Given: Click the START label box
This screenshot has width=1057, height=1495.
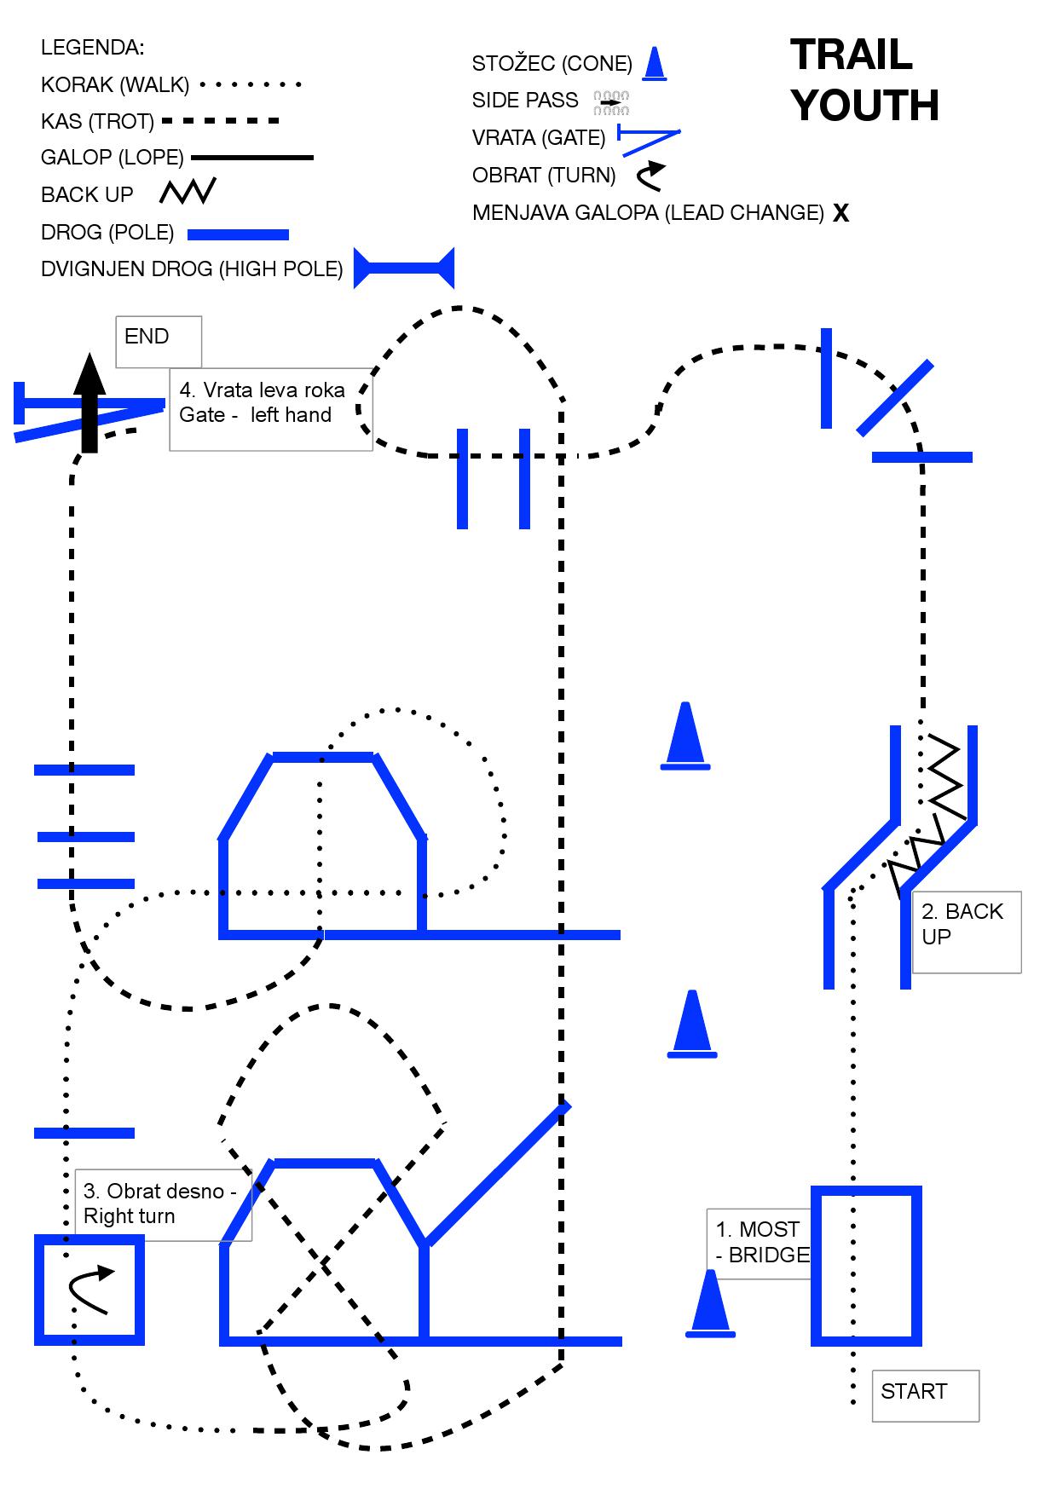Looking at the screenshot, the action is coord(925,1395).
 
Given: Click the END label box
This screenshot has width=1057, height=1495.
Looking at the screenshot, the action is coord(159,342).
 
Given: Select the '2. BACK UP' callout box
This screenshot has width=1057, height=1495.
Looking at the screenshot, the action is coord(966,932).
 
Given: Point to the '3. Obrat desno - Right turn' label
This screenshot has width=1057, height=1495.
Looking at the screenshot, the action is coord(163,1204).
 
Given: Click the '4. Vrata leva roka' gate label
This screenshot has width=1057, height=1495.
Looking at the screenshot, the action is coord(270,409).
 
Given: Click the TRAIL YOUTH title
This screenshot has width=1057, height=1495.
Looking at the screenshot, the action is coord(864,80).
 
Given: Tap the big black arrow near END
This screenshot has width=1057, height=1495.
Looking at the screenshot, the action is coord(90,402).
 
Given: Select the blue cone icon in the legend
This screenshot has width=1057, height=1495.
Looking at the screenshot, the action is coord(655,64).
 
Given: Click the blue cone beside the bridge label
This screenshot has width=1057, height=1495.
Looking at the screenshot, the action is coord(710,1303).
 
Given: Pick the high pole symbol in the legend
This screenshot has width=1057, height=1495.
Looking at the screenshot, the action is coord(404,269).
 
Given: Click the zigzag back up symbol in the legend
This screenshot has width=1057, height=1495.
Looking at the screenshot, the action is coord(188,192).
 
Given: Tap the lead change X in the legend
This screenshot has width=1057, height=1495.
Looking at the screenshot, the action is coord(840,213).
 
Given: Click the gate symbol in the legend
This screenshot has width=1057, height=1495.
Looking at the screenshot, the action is coord(649,140).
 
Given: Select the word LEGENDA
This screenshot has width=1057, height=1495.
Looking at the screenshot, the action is coord(92,48).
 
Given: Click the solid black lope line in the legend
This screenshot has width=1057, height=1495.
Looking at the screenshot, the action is coord(252,158).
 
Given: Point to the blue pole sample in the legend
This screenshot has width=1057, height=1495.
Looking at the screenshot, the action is coord(238,234).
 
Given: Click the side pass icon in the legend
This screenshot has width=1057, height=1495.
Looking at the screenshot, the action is coord(611,102).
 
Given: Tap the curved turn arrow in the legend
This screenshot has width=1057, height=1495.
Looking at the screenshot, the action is coord(650,176).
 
